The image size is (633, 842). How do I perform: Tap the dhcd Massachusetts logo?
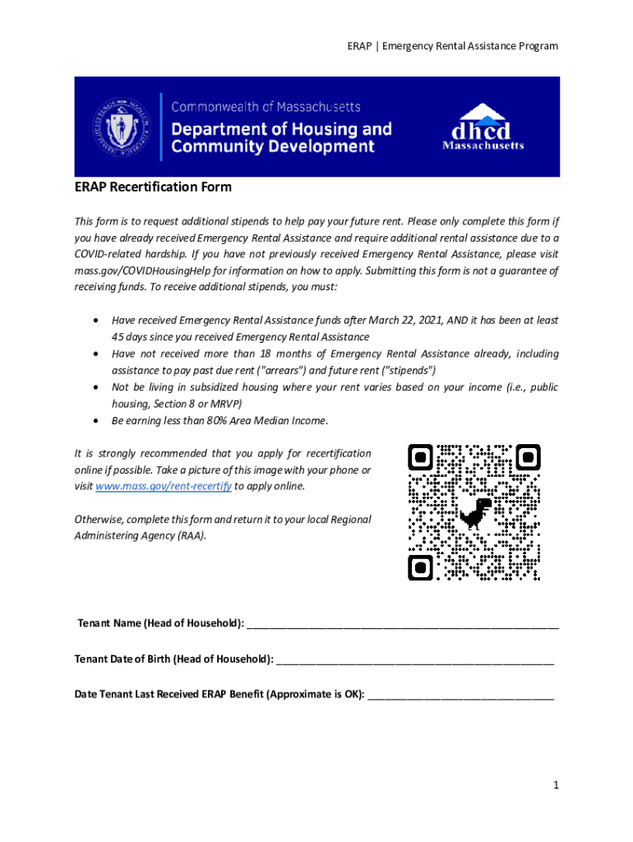[x=483, y=127]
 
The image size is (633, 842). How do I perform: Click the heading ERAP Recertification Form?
[x=153, y=187]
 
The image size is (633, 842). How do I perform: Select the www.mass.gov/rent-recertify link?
[x=164, y=486]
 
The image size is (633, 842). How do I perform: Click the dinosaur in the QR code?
[x=475, y=512]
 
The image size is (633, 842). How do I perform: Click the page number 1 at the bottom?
[x=556, y=785]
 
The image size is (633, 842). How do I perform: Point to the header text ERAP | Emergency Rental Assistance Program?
[x=452, y=46]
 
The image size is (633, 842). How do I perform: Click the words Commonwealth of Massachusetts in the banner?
[x=266, y=107]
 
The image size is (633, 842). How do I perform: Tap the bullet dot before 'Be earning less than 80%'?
[x=98, y=421]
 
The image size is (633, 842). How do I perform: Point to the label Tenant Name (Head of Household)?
[x=159, y=623]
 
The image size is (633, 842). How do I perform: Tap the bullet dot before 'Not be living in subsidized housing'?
[x=98, y=387]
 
